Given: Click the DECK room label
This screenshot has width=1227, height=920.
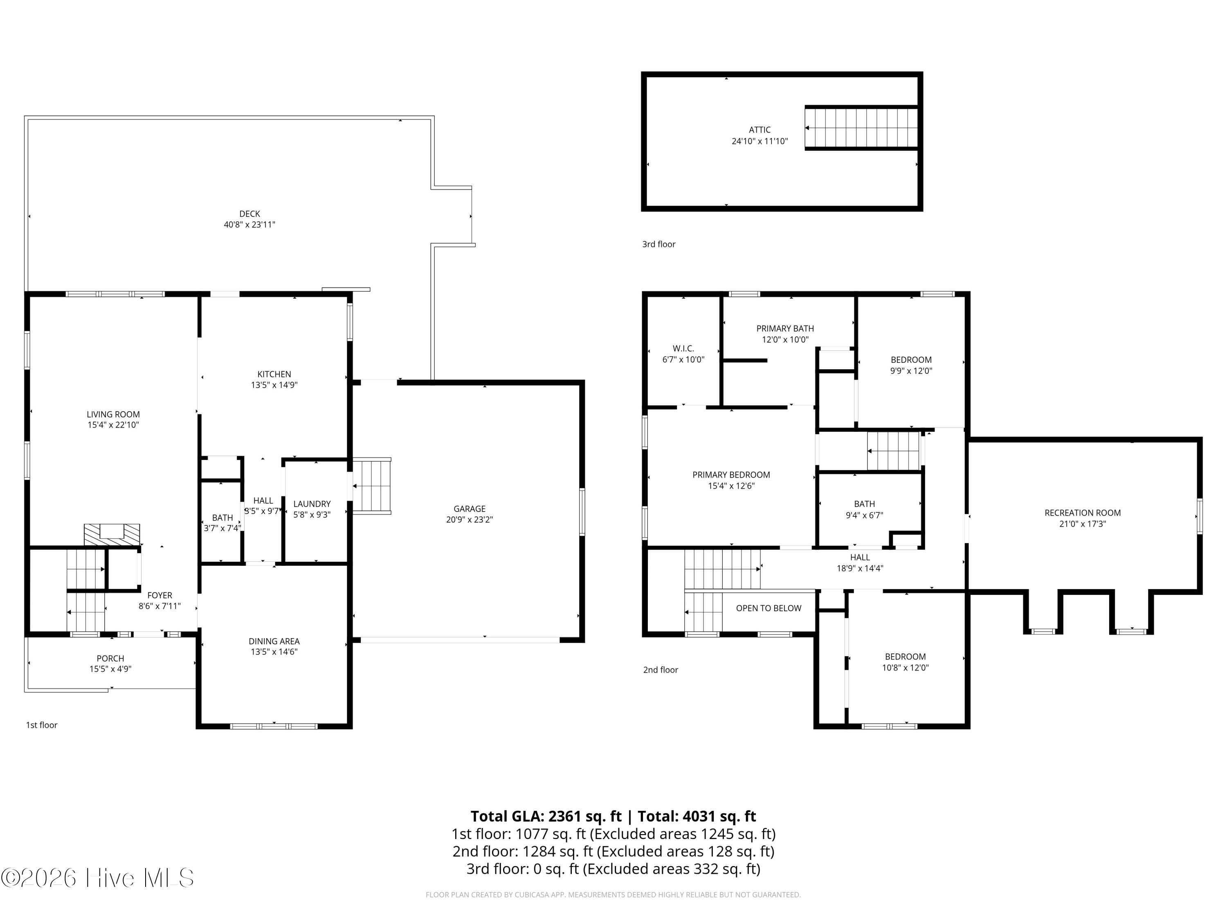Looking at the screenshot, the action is click(249, 213).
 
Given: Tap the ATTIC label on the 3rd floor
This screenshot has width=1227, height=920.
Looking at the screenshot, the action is click(760, 130).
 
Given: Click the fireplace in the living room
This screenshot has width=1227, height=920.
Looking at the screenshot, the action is click(112, 534).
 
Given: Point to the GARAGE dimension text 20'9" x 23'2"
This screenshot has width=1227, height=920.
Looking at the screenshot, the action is click(469, 520).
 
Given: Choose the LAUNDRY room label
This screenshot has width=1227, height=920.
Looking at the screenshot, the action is click(312, 503).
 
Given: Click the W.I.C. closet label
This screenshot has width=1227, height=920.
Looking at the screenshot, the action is click(683, 348).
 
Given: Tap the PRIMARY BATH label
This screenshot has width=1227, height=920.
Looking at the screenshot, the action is click(785, 328).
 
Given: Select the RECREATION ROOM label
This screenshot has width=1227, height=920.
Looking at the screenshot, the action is click(1083, 513).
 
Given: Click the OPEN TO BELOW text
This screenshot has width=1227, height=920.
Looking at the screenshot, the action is click(769, 608).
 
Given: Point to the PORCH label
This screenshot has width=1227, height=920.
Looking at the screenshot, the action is click(110, 659).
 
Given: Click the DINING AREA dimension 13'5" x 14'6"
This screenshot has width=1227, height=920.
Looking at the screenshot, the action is click(274, 652).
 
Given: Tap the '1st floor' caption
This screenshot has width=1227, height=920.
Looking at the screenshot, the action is click(42, 725).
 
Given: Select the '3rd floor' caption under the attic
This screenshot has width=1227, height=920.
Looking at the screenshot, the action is click(659, 244).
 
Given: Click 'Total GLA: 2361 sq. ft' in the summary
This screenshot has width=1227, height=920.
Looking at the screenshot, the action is click(546, 816).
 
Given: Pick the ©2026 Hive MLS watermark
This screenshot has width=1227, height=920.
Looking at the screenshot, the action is click(98, 878).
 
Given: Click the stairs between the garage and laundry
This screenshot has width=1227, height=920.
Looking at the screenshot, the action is click(372, 486).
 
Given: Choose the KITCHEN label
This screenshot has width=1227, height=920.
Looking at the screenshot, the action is click(274, 374).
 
